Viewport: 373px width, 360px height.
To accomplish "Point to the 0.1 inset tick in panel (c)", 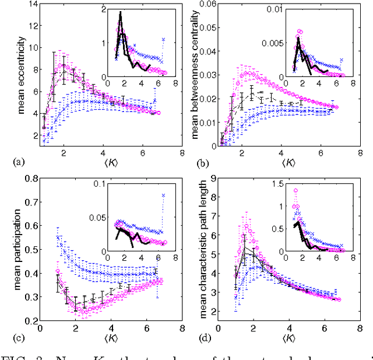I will (88, 185).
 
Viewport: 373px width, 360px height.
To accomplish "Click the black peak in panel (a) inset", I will (120, 13).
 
